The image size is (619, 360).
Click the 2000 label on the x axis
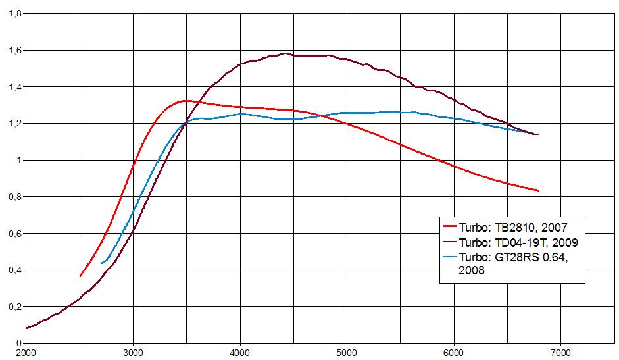click(26, 352)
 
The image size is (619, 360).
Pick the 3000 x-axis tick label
click(133, 352)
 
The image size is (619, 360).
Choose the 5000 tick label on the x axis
click(346, 352)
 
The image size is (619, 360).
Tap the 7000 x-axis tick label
click(560, 352)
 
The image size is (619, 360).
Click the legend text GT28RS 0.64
click(530, 257)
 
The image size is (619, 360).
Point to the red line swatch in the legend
click(450, 227)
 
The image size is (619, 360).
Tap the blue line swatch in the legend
click(450, 257)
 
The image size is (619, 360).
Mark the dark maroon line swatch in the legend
click(450, 242)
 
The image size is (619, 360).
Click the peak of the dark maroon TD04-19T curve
click(285, 53)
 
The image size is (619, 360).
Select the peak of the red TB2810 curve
click(186, 101)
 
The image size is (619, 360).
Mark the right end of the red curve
click(539, 190)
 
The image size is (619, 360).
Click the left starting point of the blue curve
click(102, 263)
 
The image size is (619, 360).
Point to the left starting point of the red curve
click(80, 276)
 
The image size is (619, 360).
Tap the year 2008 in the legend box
click(472, 270)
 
